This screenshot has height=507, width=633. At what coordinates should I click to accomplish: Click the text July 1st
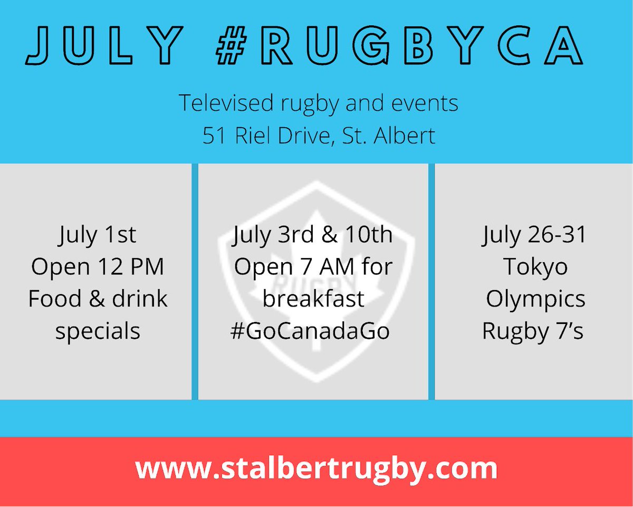(98, 235)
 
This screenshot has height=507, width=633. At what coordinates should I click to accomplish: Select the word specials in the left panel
(98, 331)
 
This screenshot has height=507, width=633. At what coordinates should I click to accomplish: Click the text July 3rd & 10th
(313, 235)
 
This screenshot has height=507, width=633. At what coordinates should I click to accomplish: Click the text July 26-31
(534, 235)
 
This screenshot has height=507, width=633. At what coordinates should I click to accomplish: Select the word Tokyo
(535, 267)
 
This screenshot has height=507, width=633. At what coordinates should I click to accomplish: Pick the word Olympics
(535, 299)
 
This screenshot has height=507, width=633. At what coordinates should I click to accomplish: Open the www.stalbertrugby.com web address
(316, 469)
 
